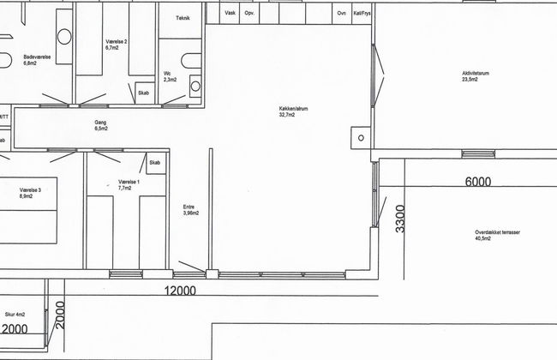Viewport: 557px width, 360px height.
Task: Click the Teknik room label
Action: [183, 18]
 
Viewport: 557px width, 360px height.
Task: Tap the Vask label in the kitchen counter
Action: [231, 13]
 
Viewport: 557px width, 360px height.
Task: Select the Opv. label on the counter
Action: [249, 13]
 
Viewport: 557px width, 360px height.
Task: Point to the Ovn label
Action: [342, 13]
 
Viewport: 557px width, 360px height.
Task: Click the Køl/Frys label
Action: [362, 13]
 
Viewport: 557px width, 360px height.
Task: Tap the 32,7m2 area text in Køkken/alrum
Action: [287, 115]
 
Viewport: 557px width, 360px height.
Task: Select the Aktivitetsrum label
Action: [476, 73]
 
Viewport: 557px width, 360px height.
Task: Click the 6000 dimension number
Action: [478, 182]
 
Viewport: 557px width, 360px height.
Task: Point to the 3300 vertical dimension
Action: [400, 219]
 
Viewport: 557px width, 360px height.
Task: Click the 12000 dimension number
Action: [180, 291]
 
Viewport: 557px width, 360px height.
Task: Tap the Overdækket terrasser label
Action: [498, 232]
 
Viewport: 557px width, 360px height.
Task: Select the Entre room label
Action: [189, 207]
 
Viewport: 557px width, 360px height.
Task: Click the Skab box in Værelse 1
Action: [156, 163]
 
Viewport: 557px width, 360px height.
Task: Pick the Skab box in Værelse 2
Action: [145, 93]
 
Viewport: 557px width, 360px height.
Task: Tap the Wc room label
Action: [167, 74]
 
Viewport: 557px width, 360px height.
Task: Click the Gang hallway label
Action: [100, 123]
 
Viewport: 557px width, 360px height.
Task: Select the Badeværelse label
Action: [38, 57]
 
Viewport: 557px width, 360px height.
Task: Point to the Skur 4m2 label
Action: [15, 315]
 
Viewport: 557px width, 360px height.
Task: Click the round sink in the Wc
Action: [195, 86]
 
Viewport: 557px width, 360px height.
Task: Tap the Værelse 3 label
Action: [30, 190]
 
